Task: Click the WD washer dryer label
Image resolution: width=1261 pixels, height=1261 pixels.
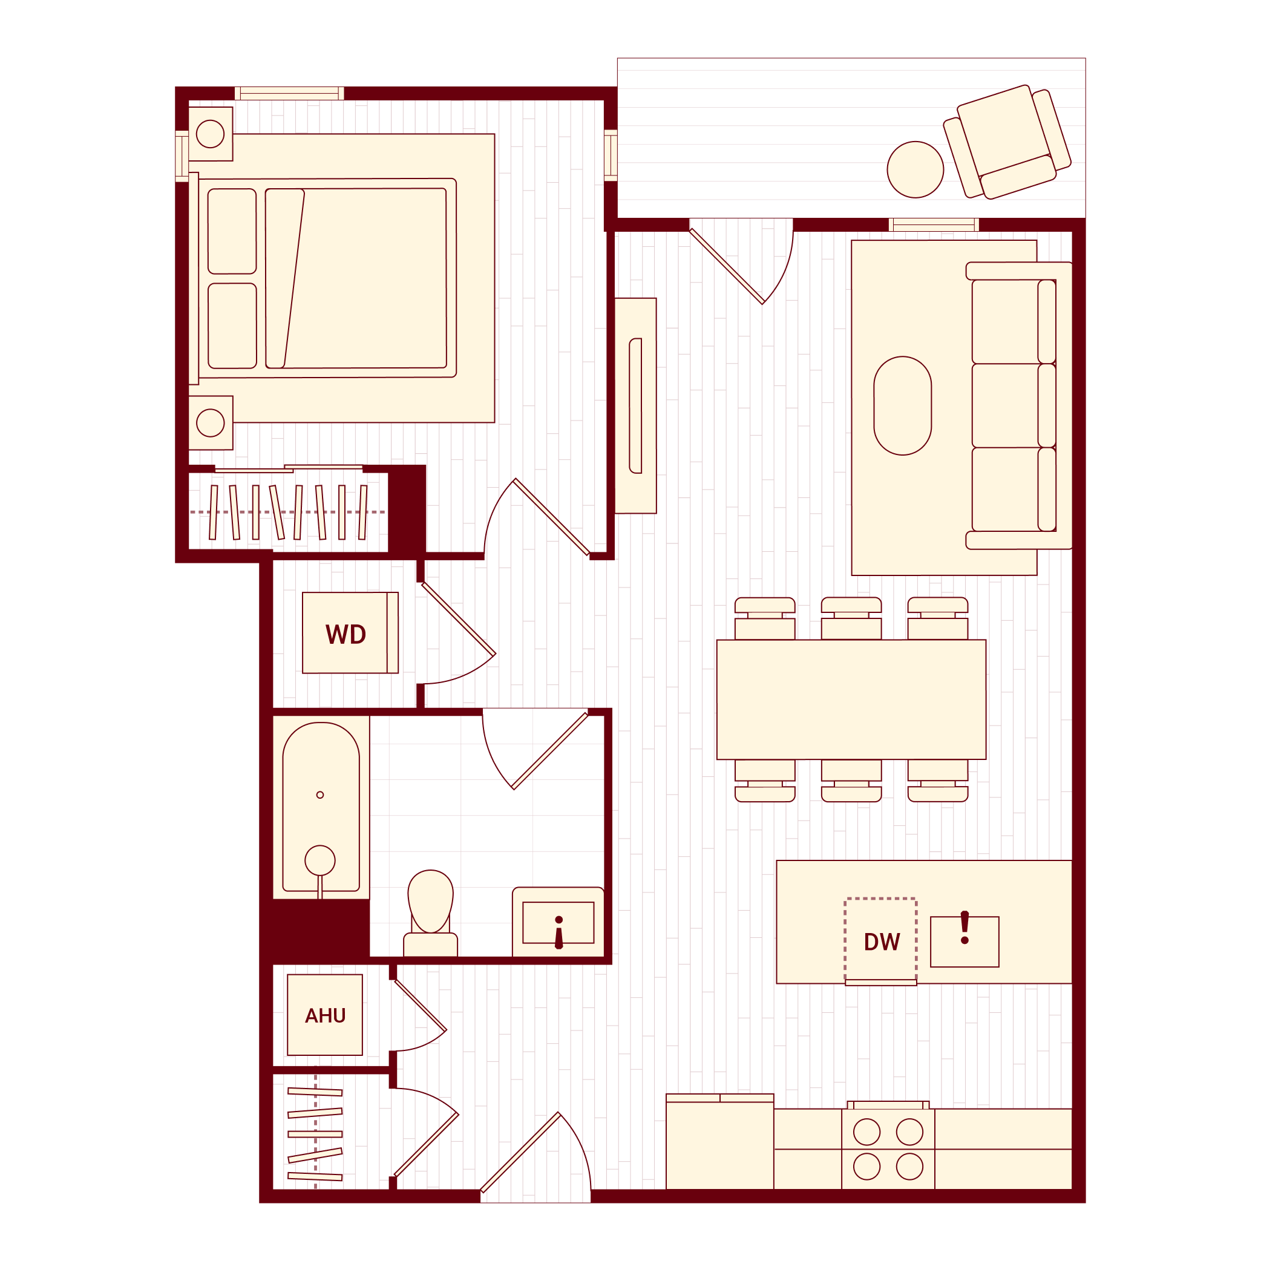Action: tap(346, 634)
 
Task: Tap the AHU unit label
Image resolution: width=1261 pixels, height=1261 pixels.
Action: tap(325, 1015)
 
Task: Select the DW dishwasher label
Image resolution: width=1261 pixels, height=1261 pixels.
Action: tap(881, 942)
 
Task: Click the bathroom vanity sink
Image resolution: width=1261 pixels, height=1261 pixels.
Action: tap(558, 923)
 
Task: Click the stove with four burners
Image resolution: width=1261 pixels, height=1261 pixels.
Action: tap(888, 1150)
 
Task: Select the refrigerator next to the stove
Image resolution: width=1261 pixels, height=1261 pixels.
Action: tap(719, 1144)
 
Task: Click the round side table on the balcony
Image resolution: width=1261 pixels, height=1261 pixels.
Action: tap(915, 169)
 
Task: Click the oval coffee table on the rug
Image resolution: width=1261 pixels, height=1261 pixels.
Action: tap(902, 405)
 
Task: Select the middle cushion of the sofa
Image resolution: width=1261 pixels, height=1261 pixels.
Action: tap(1005, 405)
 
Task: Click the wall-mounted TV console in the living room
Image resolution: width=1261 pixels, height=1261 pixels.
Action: tap(635, 405)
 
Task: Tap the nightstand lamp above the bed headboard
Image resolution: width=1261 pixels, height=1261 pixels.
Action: tap(210, 134)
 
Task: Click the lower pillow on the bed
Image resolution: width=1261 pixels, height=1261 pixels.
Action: tap(232, 326)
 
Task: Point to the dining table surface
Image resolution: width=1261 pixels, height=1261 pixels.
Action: tap(851, 699)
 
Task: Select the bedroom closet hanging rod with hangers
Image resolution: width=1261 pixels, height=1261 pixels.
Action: tap(287, 513)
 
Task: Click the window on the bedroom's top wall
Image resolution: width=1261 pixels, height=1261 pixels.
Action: tap(289, 93)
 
